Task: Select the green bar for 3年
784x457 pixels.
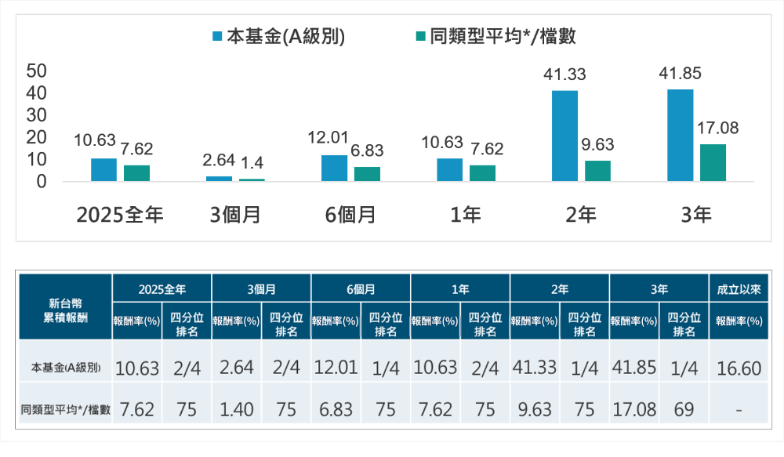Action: pos(713,162)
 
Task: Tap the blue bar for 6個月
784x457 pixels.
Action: pos(334,168)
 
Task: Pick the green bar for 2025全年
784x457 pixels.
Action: pos(136,172)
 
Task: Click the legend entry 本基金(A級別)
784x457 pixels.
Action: pos(278,37)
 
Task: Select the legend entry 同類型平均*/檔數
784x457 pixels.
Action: pos(497,37)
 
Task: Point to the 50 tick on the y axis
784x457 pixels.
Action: pos(37,71)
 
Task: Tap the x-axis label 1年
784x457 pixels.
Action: pos(466,215)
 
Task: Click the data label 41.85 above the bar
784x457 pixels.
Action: pos(680,74)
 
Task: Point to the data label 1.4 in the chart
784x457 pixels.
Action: pos(251,163)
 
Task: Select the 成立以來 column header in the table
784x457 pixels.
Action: pos(739,289)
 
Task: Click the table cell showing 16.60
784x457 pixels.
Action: pos(739,368)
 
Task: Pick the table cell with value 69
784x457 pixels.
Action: pos(684,409)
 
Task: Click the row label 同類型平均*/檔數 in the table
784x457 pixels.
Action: pos(66,409)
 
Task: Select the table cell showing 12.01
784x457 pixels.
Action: pos(336,368)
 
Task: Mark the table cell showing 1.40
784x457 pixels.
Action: pos(237,409)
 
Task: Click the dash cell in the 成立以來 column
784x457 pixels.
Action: pos(739,409)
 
